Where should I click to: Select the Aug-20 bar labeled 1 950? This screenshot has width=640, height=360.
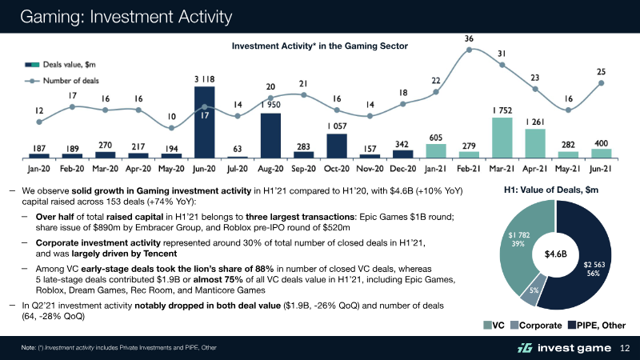[x=270, y=135]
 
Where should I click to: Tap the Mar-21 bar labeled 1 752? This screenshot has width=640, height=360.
[x=502, y=137]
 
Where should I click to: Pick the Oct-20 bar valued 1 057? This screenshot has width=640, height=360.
[x=337, y=145]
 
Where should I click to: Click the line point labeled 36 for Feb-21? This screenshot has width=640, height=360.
[x=469, y=50]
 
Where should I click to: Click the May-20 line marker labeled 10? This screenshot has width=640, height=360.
[x=172, y=127]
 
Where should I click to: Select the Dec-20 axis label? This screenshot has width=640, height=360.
[x=402, y=170]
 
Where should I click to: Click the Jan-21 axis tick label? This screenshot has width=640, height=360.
[x=436, y=170]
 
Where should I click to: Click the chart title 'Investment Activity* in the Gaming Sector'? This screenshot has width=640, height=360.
[x=320, y=46]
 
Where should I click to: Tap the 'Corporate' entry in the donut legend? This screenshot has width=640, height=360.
[x=535, y=326]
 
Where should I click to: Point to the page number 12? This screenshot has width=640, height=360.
[x=626, y=348]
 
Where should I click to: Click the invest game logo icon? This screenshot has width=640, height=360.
[x=525, y=348]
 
